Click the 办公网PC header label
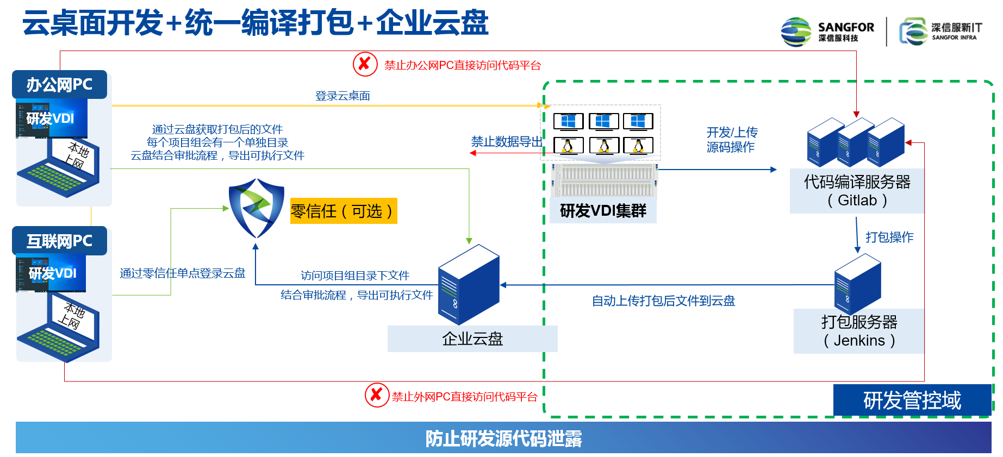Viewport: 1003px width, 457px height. coord(59,85)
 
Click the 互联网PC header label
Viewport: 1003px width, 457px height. coord(59,241)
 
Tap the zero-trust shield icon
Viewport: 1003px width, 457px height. coord(257,208)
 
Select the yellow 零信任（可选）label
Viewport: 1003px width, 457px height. coord(343,211)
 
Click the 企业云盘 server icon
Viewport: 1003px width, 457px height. coord(468,284)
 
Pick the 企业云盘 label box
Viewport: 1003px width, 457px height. coord(472,339)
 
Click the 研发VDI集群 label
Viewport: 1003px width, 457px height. coord(603,211)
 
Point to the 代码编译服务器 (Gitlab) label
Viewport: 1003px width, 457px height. coord(857,191)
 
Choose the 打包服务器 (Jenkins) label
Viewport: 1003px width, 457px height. coord(859,331)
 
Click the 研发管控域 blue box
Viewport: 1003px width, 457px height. coord(912,400)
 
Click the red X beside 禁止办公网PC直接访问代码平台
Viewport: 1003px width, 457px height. coord(365,64)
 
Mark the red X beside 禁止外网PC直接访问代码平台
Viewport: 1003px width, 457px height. coord(376,395)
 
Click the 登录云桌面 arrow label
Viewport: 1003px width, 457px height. coord(342,96)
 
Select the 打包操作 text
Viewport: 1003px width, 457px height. coord(889,237)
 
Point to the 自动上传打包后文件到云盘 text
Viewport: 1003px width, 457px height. coord(663,301)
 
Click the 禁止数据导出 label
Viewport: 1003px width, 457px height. coord(507,142)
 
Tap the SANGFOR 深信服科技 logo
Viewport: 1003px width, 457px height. coord(827,32)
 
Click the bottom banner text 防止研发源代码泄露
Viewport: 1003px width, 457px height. coord(503,439)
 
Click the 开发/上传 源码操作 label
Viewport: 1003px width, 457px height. coord(732,140)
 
